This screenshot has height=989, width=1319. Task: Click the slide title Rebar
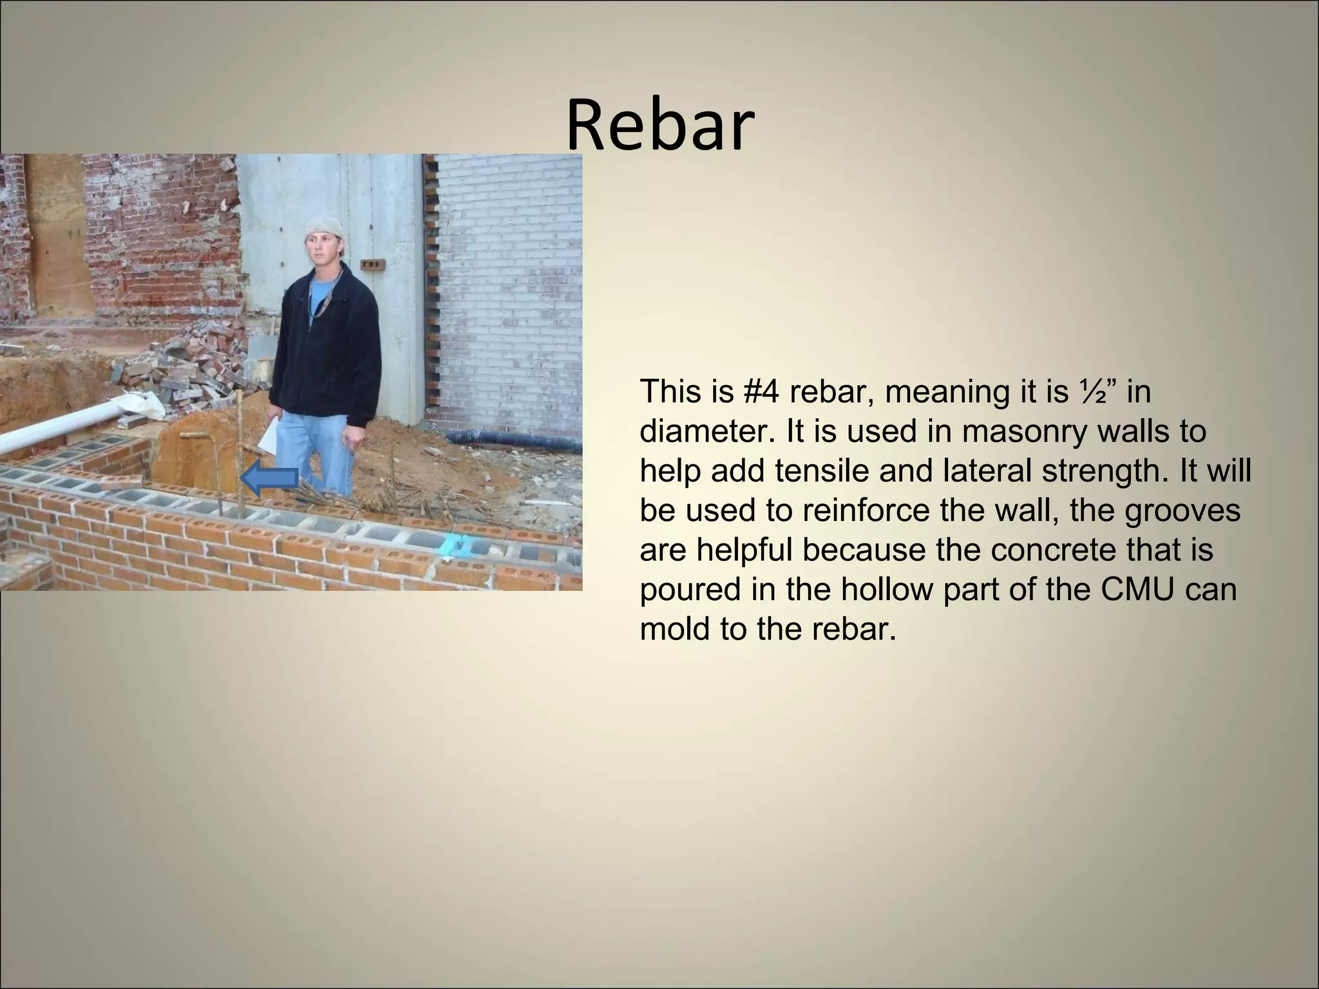click(659, 124)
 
